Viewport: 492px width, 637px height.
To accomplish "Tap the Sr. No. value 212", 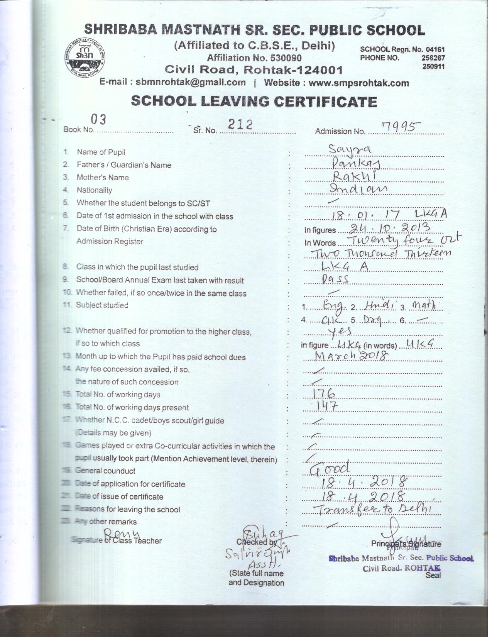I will pyautogui.click(x=240, y=124).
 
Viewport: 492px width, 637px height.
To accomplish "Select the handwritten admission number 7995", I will pyautogui.click(x=400, y=126).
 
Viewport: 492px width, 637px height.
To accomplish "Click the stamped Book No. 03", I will pyautogui.click(x=98, y=120).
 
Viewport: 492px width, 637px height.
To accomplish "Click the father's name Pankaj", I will pyautogui.click(x=357, y=164).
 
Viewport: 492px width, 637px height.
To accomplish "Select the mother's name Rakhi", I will pyautogui.click(x=354, y=176).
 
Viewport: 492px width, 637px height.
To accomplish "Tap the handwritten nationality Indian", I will pyautogui.click(x=358, y=188).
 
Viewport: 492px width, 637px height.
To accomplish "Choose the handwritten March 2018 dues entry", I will pyautogui.click(x=352, y=356).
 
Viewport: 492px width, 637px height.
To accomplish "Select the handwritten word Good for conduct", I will pyautogui.click(x=330, y=468).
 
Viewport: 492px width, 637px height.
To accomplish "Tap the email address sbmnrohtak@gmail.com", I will pyautogui.click(x=191, y=82).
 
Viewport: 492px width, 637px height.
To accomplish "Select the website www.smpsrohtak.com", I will pyautogui.click(x=358, y=83).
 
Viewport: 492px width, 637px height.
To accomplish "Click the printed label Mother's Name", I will pyautogui.click(x=103, y=178).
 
